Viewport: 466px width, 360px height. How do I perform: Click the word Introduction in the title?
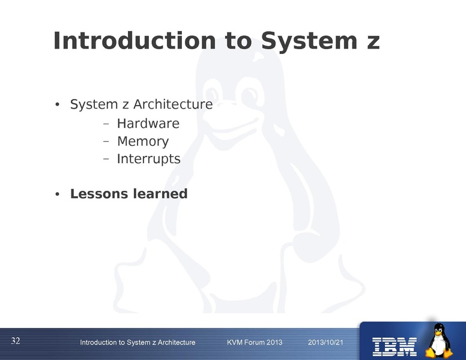click(134, 41)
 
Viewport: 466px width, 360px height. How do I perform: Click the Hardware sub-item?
click(148, 124)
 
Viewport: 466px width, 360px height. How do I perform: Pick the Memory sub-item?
click(143, 142)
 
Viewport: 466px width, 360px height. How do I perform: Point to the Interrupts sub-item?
click(148, 159)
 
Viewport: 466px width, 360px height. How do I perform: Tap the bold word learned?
click(158, 194)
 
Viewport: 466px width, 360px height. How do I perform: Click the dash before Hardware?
click(106, 125)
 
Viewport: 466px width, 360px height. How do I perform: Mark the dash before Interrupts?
click(106, 160)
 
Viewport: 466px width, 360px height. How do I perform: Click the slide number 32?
click(16, 341)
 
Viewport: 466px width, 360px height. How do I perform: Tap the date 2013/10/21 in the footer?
click(325, 342)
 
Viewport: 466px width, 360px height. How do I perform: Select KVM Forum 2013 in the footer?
click(255, 342)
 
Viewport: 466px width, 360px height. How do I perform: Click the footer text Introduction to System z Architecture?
click(138, 342)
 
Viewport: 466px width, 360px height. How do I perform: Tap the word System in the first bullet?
click(89, 104)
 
